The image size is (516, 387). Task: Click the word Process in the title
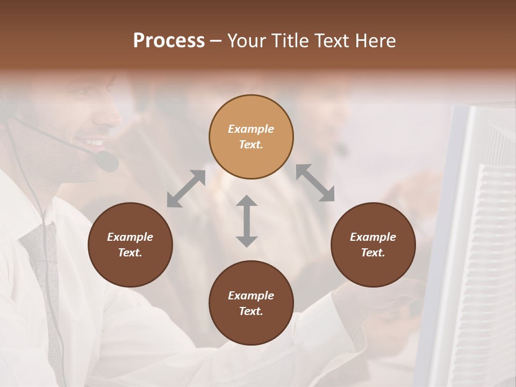pyautogui.click(x=169, y=41)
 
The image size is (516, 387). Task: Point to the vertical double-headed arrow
pyautogui.click(x=247, y=221)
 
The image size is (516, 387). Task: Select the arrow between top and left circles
pyautogui.click(x=186, y=189)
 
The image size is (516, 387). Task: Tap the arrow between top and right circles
pyautogui.click(x=315, y=183)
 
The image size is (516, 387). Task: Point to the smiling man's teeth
pyautogui.click(x=95, y=142)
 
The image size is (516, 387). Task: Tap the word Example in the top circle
pyautogui.click(x=251, y=129)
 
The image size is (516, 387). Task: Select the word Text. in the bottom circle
pyautogui.click(x=251, y=311)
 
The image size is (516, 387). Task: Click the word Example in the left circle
pyautogui.click(x=130, y=237)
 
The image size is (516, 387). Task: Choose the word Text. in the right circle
pyautogui.click(x=373, y=253)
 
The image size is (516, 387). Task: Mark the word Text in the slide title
pyautogui.click(x=329, y=41)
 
